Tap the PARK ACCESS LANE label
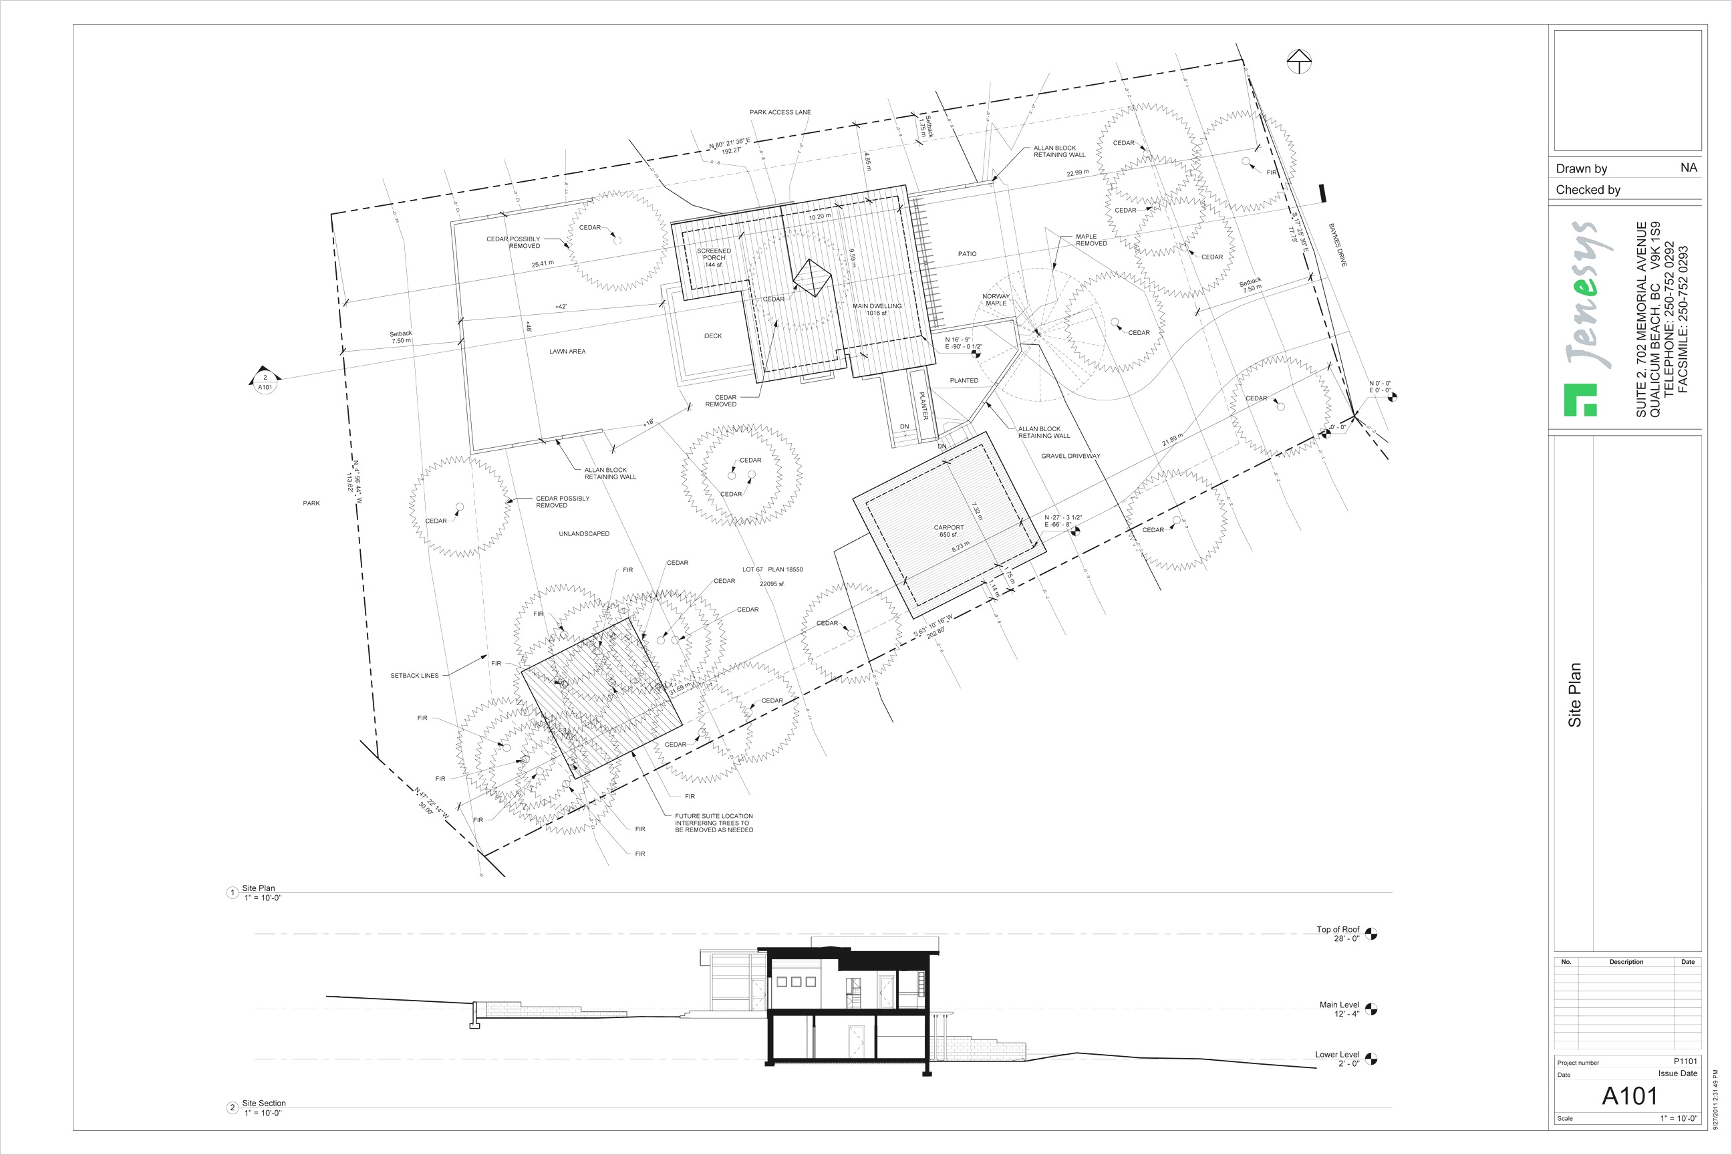pyautogui.click(x=780, y=113)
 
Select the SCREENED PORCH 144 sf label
pyautogui.click(x=714, y=257)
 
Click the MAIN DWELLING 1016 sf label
pyautogui.click(x=876, y=309)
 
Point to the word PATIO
pyautogui.click(x=967, y=253)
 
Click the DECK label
pyautogui.click(x=713, y=336)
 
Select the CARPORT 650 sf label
pyautogui.click(x=948, y=530)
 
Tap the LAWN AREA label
pyautogui.click(x=567, y=352)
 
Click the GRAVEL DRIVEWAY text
pyautogui.click(x=1070, y=456)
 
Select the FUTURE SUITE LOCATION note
pyautogui.click(x=714, y=823)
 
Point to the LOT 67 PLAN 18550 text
pyautogui.click(x=772, y=569)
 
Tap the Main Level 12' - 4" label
pyautogui.click(x=1339, y=1009)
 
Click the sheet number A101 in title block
pyautogui.click(x=1629, y=1096)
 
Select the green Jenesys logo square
pyautogui.click(x=1580, y=399)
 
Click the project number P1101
pyautogui.click(x=1685, y=1061)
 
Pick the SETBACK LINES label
pyautogui.click(x=414, y=676)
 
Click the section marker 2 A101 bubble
pyautogui.click(x=265, y=382)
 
